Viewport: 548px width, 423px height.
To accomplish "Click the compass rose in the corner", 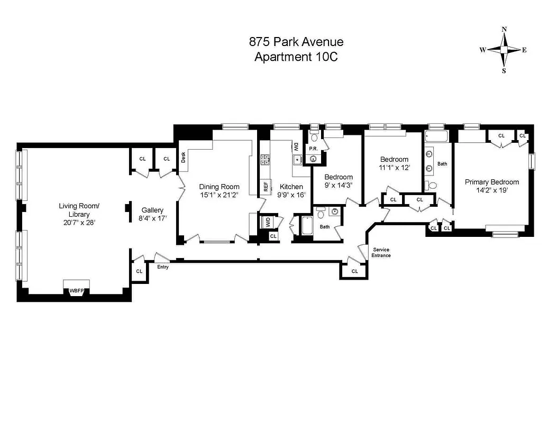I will click(x=504, y=50).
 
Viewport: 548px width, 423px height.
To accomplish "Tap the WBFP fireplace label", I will click(x=76, y=291).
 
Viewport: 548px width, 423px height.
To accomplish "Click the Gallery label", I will click(x=152, y=210).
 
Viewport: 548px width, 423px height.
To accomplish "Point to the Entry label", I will click(x=163, y=267).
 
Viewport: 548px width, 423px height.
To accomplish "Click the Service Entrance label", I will click(x=381, y=252).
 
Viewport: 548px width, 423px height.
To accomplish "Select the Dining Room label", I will click(x=219, y=187).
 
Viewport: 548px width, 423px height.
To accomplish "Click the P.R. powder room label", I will click(x=313, y=149).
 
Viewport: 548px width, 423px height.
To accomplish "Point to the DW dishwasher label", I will click(x=296, y=146).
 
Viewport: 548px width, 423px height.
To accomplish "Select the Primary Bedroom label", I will click(x=491, y=182).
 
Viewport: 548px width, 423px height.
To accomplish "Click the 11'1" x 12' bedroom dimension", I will click(x=395, y=168).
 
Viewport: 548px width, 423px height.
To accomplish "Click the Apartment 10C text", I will click(x=296, y=57).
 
